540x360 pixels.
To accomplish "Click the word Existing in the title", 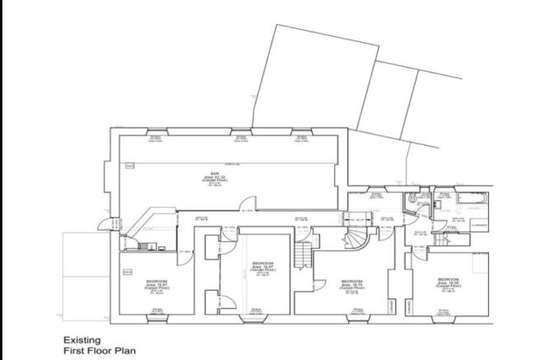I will coord(81,339).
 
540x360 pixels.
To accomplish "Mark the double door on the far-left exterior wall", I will coord(101,224).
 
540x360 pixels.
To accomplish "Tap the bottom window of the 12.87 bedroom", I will coord(156,316).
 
